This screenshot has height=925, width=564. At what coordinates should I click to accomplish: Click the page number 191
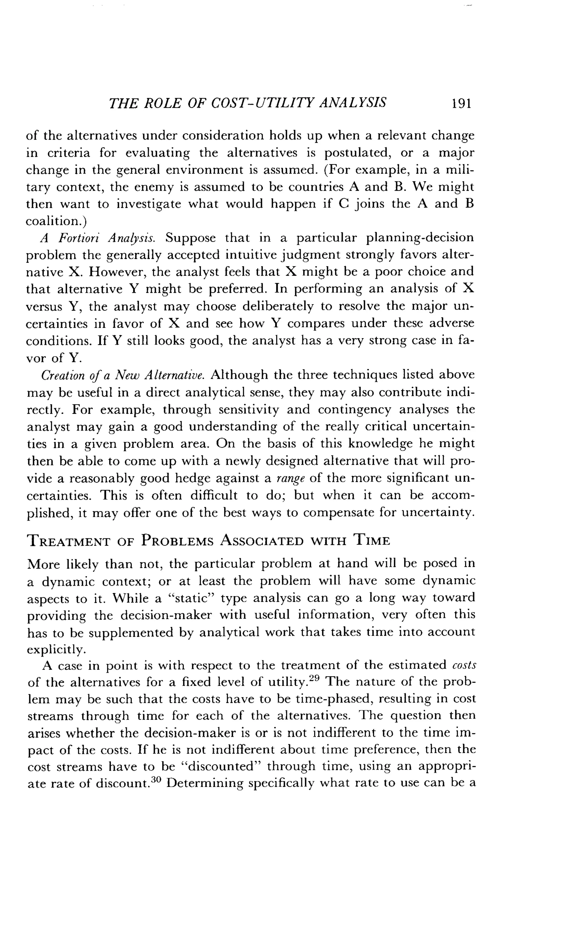coord(461,103)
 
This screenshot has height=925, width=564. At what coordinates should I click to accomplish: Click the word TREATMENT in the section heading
coord(69,541)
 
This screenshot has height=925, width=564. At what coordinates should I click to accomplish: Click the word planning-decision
coord(420,238)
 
